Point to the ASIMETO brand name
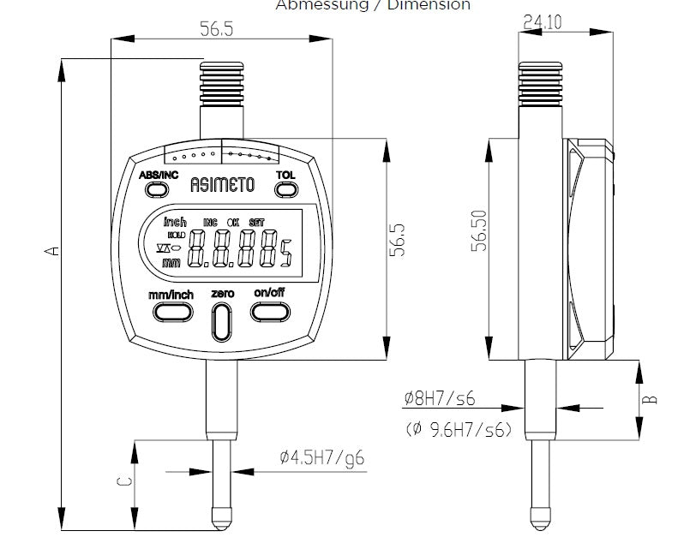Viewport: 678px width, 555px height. point(222,183)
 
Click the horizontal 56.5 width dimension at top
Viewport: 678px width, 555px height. point(217,28)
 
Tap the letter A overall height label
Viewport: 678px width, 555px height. point(51,251)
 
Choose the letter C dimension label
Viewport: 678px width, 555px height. point(123,481)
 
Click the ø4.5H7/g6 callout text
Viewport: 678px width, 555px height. point(321,458)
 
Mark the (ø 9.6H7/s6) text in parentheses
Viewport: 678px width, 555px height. point(459,429)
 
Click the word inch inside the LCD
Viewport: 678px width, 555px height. point(175,222)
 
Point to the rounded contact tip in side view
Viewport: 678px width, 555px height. point(539,517)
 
